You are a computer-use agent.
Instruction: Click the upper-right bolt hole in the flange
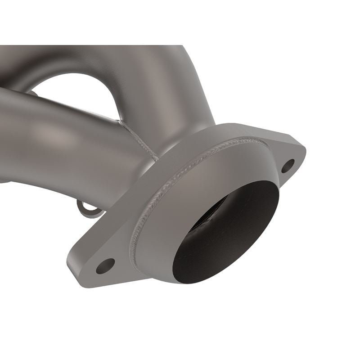coord(288,166)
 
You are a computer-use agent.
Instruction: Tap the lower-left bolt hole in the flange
coord(105,266)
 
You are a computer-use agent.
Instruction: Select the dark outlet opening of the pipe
coord(225,234)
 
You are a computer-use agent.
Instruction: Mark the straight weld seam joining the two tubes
coord(137,137)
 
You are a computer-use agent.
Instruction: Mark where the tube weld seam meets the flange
coord(157,159)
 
